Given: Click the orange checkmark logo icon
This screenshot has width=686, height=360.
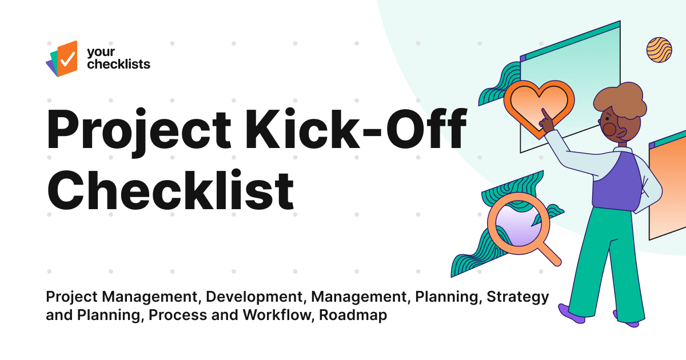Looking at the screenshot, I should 63,58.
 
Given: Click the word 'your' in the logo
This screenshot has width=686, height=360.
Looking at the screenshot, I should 98,52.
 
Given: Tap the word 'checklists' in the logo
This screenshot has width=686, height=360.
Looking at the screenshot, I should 118,64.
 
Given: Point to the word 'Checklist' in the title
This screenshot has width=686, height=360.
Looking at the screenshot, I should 170,189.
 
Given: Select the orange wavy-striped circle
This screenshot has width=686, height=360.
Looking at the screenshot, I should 659,50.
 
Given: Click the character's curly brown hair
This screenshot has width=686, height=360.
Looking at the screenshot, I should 620,101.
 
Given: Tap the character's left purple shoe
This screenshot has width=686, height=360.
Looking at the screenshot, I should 572,313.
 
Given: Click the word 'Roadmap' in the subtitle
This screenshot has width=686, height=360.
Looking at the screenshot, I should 353,315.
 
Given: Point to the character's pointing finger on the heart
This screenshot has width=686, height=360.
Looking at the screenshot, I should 546,119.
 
